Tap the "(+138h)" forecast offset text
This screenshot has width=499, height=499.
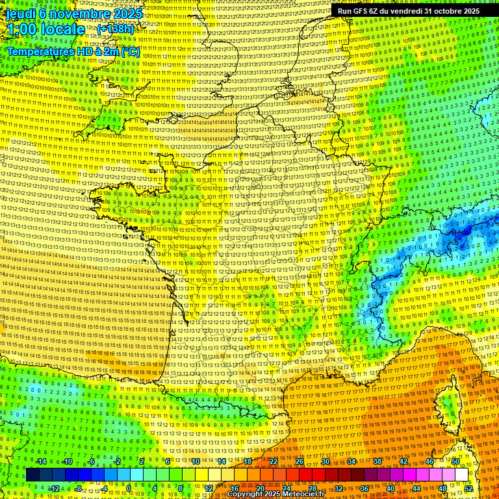(115, 29)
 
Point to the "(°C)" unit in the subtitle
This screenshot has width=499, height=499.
(129, 51)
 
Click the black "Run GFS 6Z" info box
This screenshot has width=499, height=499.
(408, 10)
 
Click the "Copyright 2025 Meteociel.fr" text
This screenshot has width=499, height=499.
(275, 494)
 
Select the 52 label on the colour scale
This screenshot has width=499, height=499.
(468, 488)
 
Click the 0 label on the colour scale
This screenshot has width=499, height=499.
(129, 488)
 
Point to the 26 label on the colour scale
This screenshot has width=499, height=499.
(300, 461)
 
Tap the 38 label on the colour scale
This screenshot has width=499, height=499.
(377, 461)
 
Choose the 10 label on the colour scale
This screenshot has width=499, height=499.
(196, 461)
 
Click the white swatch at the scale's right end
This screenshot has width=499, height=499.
(462, 475)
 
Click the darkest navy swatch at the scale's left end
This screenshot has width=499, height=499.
(32, 475)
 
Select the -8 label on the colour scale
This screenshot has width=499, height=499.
(79, 488)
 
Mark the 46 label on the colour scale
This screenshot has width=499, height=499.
(429, 461)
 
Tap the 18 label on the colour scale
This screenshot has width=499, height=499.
(248, 461)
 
